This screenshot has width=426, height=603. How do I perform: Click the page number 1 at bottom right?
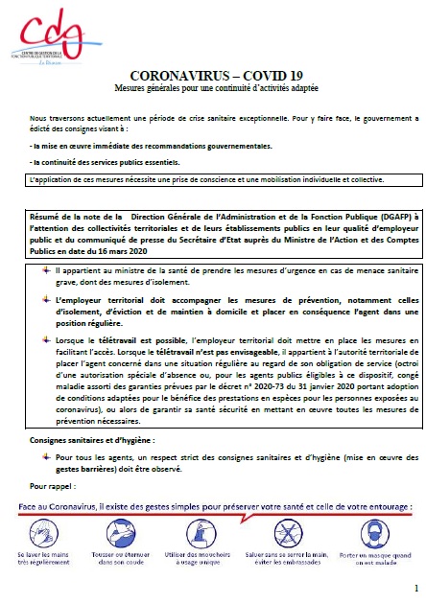click(414, 588)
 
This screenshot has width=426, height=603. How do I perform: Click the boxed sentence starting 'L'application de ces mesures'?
click(207, 179)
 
